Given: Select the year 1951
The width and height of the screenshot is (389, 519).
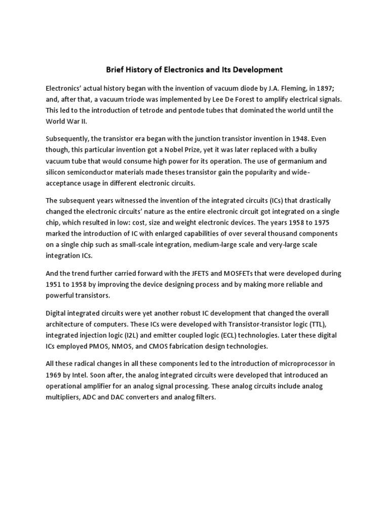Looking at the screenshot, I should coord(55,284).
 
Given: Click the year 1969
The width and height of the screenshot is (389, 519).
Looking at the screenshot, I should coord(55,375).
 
